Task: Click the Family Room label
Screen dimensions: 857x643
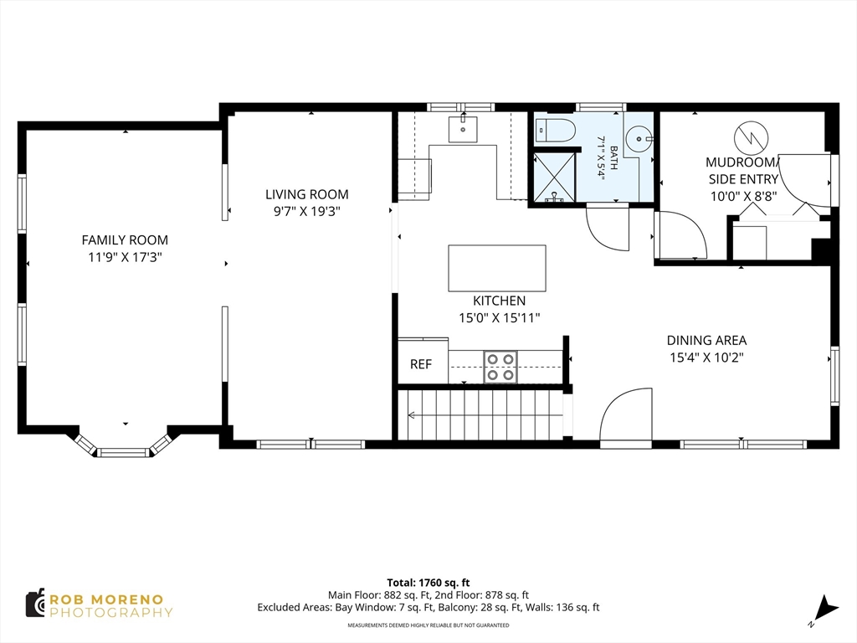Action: [125, 240]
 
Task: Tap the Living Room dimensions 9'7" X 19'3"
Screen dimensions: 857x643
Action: [306, 212]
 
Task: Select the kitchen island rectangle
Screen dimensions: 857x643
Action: [497, 268]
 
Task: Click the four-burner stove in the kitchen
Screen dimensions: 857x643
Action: [500, 367]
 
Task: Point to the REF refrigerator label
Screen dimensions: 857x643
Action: [421, 364]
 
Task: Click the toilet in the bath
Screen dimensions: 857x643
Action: [556, 131]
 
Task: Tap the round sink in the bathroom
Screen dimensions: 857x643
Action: [639, 139]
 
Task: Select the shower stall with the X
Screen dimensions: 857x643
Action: [554, 177]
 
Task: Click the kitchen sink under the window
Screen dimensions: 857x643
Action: [463, 129]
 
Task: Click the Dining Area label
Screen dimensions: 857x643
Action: [706, 340]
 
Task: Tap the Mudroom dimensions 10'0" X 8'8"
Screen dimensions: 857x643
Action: [743, 196]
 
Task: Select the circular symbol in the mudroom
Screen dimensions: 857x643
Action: [752, 138]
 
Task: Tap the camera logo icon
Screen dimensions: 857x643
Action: [35, 604]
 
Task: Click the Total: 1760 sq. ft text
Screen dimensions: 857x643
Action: [428, 583]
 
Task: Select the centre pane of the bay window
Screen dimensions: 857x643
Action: [123, 452]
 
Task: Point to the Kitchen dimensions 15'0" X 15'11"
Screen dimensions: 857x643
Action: [499, 317]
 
